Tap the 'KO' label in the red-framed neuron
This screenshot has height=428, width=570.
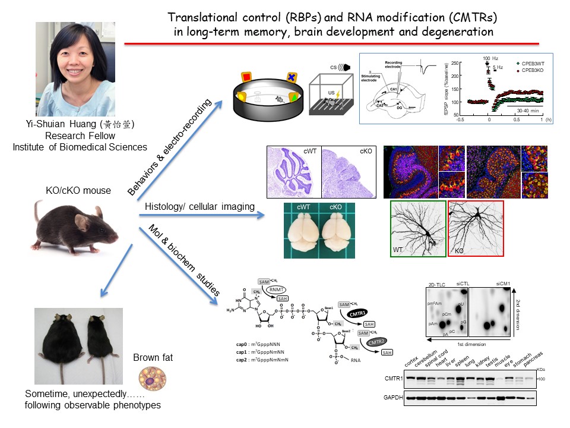(458, 251)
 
